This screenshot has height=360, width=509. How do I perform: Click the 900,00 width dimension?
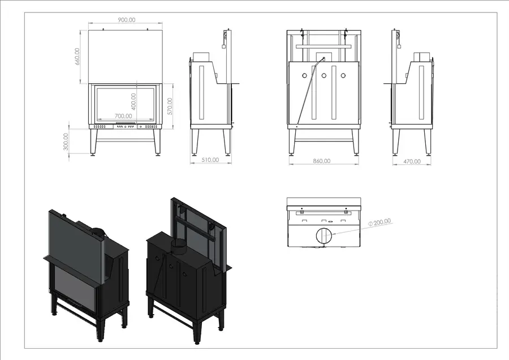coord(127,20)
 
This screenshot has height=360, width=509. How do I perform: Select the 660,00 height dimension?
coord(77,57)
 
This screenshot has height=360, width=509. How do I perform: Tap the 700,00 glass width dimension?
coord(123,116)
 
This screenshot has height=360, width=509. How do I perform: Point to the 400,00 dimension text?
coord(133,102)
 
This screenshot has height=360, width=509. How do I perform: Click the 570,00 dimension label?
coord(170,106)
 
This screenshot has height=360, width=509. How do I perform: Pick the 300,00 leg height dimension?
coord(66,142)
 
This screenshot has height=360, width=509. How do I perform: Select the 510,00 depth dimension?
coord(210,160)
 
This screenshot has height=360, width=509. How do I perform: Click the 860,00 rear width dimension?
coord(322,161)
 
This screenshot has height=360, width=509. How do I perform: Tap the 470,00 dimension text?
coord(412,161)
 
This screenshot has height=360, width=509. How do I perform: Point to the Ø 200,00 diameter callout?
coord(380,222)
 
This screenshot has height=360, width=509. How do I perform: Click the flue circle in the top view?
coord(323,235)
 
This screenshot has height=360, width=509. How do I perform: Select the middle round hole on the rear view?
coord(323,76)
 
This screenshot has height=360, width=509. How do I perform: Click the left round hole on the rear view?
coord(304,76)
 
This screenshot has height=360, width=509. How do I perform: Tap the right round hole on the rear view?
coord(343,76)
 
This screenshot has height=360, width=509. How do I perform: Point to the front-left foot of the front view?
coord(94,155)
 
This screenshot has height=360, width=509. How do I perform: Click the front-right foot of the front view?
coord(158,155)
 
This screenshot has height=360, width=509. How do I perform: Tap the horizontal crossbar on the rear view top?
coord(323,47)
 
